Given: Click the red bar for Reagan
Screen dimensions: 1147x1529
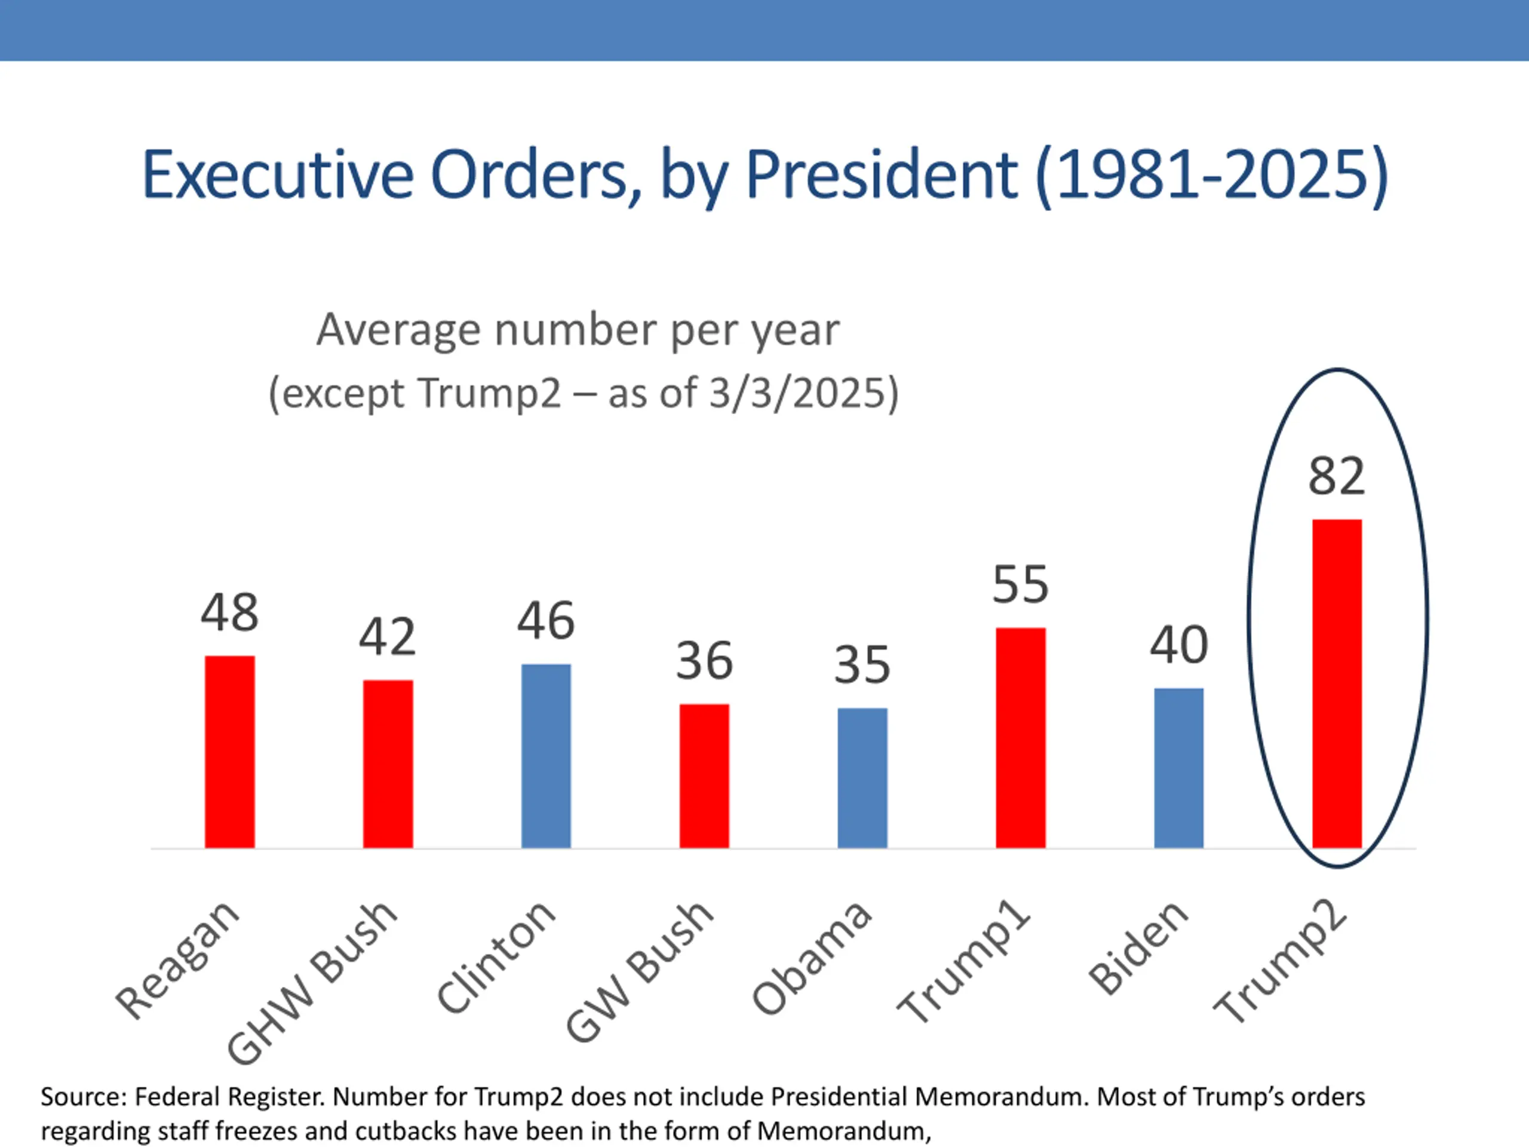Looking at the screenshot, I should coord(229,752).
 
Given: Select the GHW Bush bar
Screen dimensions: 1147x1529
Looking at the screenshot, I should coord(388,764).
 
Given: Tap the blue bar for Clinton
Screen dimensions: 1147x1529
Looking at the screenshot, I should coord(546,756).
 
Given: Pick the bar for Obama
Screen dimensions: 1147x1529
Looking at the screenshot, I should coord(862,778).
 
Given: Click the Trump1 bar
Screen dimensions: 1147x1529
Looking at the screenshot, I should coord(1020,738).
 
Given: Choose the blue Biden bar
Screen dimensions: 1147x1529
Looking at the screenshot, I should coord(1178,768).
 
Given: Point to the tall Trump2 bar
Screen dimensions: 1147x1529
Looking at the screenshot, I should coord(1337,683).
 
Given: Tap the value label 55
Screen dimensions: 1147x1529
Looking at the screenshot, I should coord(1020,585).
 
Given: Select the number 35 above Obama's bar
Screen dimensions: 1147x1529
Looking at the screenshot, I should coord(862,665).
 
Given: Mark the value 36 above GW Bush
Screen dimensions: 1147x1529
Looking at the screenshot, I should coord(704,661).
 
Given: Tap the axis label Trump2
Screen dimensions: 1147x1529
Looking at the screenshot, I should coord(1280,964).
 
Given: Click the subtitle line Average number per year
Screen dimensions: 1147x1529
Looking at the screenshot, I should coord(578,330).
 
